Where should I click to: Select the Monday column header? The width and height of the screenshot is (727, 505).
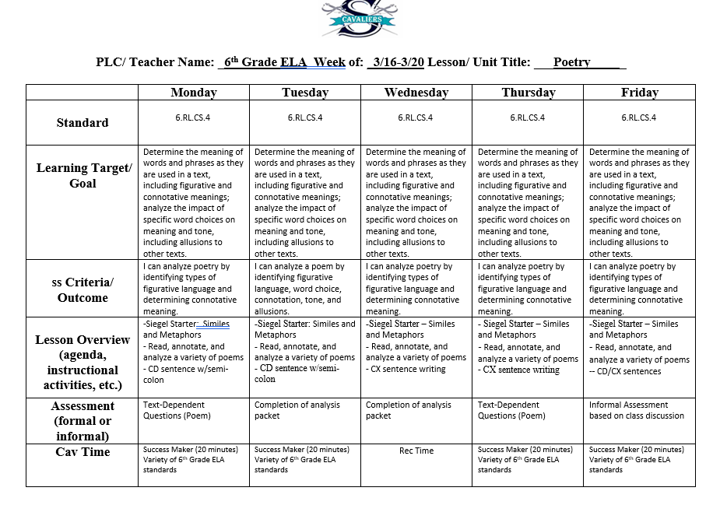[194, 93]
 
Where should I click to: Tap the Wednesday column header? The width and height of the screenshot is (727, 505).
[416, 93]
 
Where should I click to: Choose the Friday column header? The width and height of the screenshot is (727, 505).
[639, 93]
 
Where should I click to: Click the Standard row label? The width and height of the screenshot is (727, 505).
[83, 123]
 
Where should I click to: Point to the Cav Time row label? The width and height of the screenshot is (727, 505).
[83, 452]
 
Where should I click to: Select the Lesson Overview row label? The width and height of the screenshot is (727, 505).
[83, 363]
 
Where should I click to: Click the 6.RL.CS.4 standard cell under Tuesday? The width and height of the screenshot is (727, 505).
[305, 118]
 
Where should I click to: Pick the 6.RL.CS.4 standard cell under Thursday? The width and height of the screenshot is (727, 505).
[528, 118]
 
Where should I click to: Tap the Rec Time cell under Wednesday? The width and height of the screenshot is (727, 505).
[416, 451]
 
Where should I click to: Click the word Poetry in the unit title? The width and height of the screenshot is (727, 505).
[572, 62]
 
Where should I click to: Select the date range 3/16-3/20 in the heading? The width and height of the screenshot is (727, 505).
[398, 62]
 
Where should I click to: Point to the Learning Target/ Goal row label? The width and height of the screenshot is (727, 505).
[83, 176]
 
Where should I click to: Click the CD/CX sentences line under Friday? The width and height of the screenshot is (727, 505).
[627, 371]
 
